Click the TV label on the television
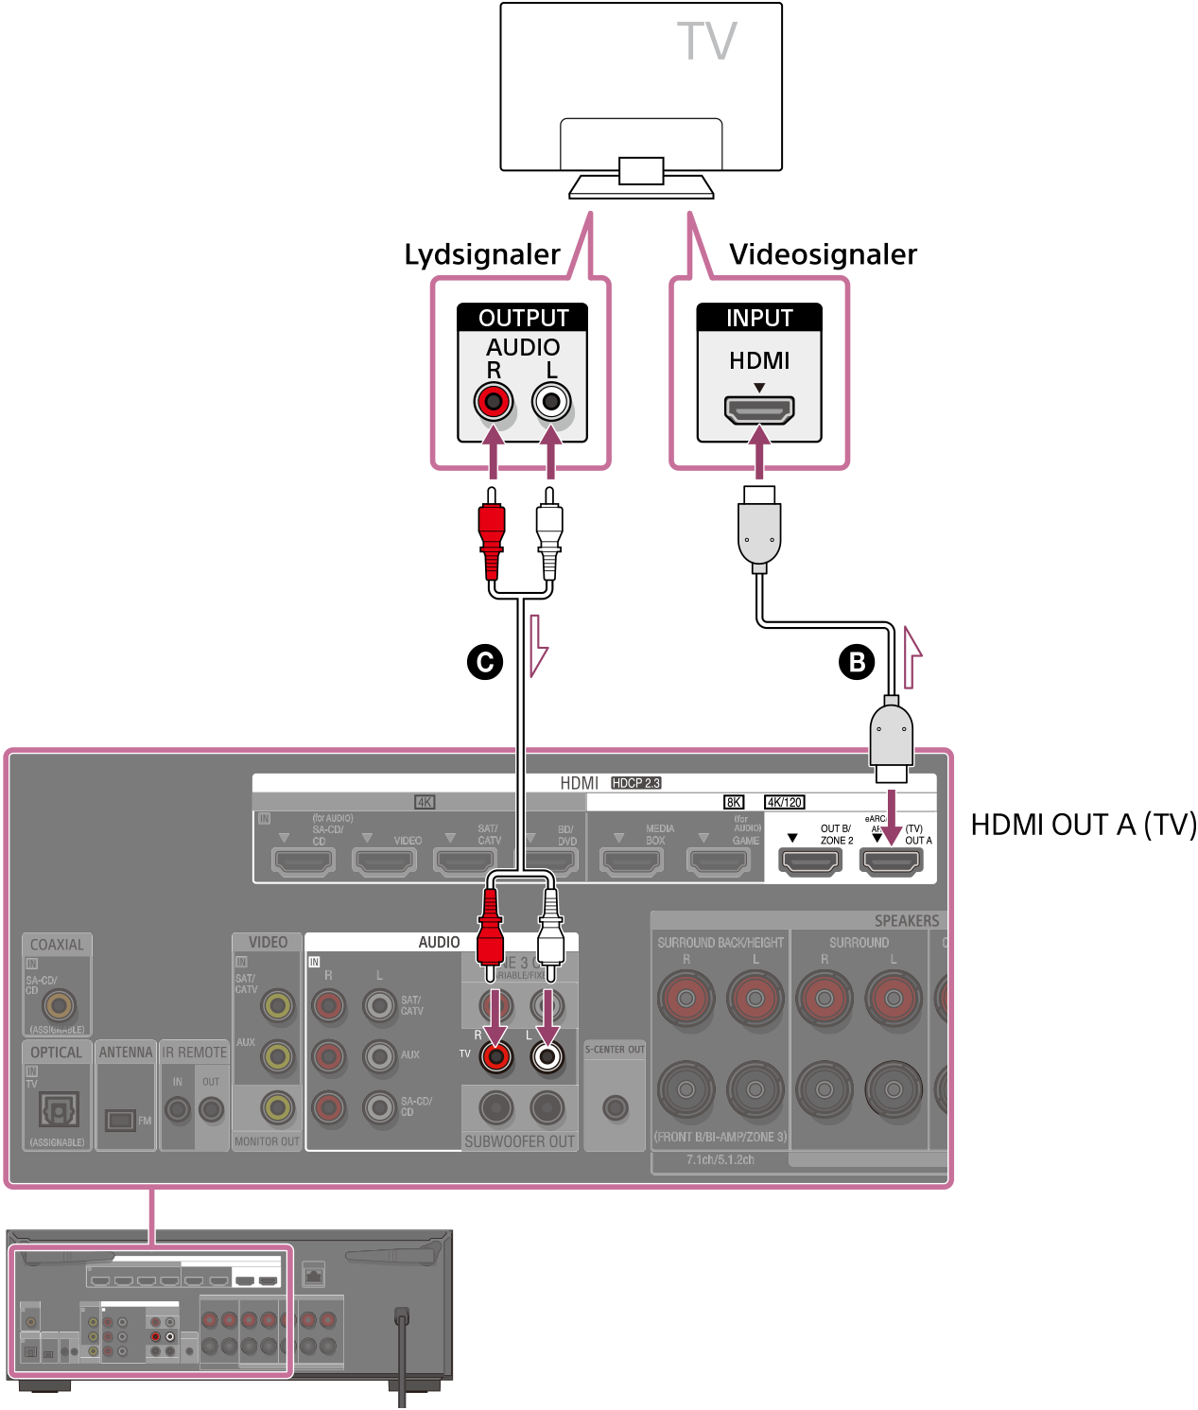pos(706,42)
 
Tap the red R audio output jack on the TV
pos(493,402)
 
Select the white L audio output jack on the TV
pos(551,402)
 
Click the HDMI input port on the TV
pos(758,409)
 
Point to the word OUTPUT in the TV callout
pos(523,318)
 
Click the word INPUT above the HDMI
pos(758,318)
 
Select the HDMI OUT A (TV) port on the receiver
pos(890,862)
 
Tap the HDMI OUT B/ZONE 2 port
pos(809,862)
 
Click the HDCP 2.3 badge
pos(635,783)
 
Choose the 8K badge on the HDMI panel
pos(734,802)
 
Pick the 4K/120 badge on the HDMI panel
pos(784,802)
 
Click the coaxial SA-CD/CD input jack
pos(59,1005)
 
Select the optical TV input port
pos(59,1108)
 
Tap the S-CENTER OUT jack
pos(615,1106)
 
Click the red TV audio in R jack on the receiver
pos(495,1055)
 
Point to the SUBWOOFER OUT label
pos(519,1141)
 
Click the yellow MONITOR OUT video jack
pos(277,1106)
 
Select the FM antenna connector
pos(120,1121)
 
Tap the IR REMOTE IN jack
pos(178,1108)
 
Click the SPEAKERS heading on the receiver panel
pos(906,921)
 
